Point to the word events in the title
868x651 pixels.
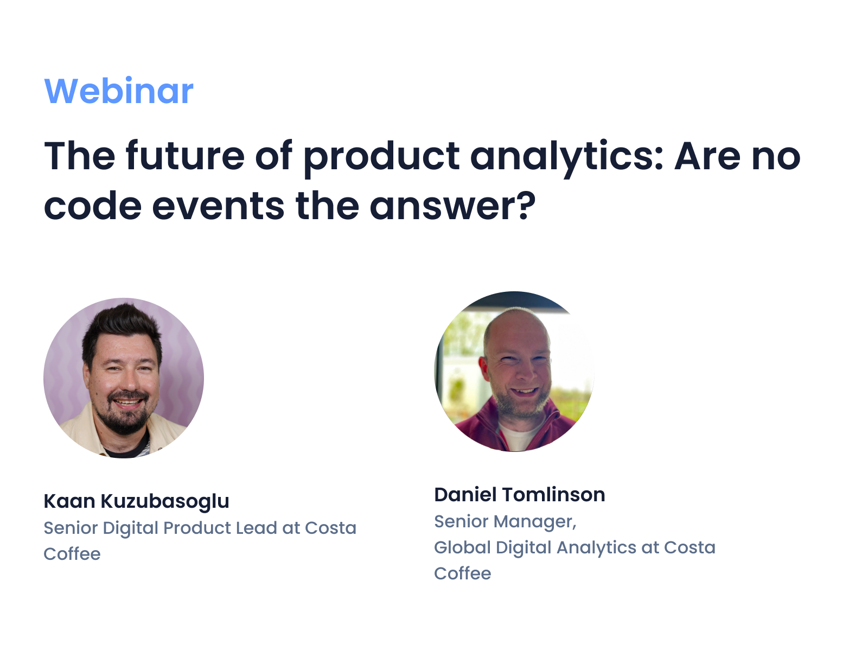click(218, 206)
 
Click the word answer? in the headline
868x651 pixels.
click(452, 206)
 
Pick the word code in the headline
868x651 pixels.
click(92, 206)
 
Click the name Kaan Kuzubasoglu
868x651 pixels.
click(136, 501)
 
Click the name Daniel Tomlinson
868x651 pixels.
click(519, 495)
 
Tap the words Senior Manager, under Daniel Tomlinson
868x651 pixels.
click(505, 521)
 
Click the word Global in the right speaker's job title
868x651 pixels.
click(462, 547)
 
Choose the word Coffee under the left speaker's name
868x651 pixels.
click(72, 554)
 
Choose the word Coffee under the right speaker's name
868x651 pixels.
click(462, 573)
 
